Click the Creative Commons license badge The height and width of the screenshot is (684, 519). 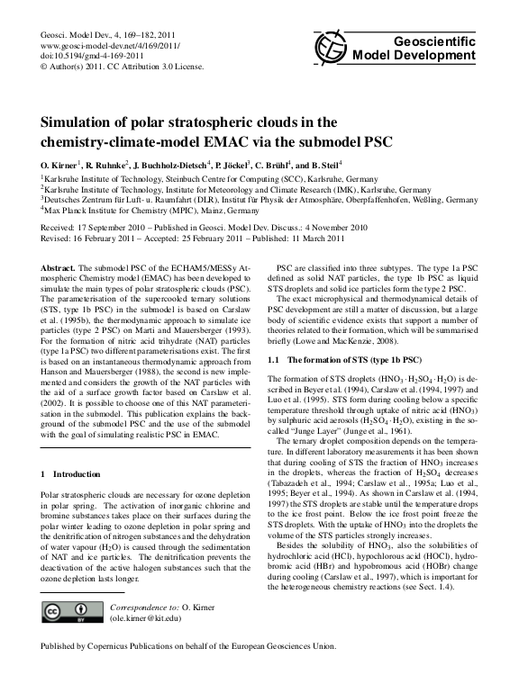(x=66, y=612)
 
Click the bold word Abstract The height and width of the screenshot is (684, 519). (x=60, y=269)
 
